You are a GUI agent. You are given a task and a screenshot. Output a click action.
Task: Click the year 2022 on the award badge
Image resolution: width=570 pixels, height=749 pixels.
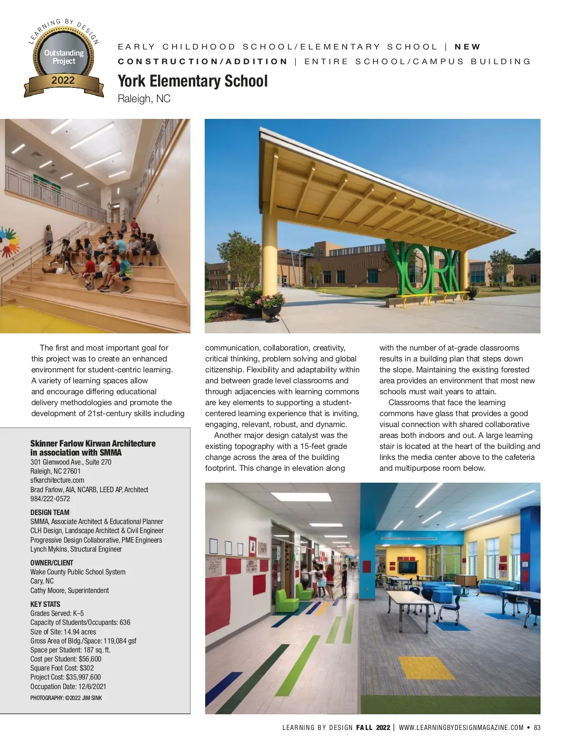click(63, 80)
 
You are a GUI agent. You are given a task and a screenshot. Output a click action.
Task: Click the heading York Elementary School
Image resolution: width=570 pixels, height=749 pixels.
click(192, 81)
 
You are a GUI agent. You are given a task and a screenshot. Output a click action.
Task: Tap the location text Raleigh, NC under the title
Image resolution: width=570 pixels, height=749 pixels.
click(144, 99)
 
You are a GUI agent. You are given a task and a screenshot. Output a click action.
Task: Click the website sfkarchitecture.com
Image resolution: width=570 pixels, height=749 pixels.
click(57, 480)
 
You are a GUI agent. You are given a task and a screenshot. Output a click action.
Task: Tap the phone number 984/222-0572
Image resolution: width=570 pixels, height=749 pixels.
click(50, 499)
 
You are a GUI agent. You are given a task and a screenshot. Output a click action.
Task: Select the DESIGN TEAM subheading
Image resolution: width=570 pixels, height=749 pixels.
click(50, 513)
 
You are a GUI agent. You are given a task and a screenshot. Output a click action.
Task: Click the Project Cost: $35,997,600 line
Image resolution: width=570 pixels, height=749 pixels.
click(66, 677)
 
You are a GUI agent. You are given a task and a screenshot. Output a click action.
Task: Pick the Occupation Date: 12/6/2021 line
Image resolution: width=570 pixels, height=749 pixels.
click(68, 687)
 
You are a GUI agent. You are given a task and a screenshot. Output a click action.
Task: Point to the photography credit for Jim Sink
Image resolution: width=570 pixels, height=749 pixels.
click(66, 698)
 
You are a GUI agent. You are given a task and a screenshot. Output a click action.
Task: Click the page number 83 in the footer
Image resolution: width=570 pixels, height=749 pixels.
click(537, 728)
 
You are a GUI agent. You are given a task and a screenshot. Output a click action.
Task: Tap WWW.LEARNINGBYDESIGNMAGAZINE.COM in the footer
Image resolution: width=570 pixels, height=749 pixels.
click(461, 728)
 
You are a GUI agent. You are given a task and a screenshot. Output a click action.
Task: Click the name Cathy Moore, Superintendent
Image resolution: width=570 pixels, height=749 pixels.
click(69, 591)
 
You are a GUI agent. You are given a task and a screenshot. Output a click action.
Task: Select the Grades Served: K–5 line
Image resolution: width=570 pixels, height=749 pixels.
click(57, 613)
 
